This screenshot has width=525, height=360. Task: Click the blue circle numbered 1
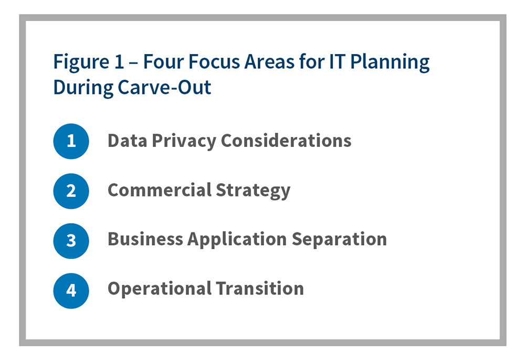pyautogui.click(x=71, y=141)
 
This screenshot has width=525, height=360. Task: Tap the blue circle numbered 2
pyautogui.click(x=71, y=190)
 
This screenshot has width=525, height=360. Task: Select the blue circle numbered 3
pyautogui.click(x=71, y=240)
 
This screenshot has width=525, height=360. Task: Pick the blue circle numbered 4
pyautogui.click(x=71, y=290)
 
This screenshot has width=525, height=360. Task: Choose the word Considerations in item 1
pyautogui.click(x=287, y=141)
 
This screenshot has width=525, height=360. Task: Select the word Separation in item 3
pyautogui.click(x=339, y=239)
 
